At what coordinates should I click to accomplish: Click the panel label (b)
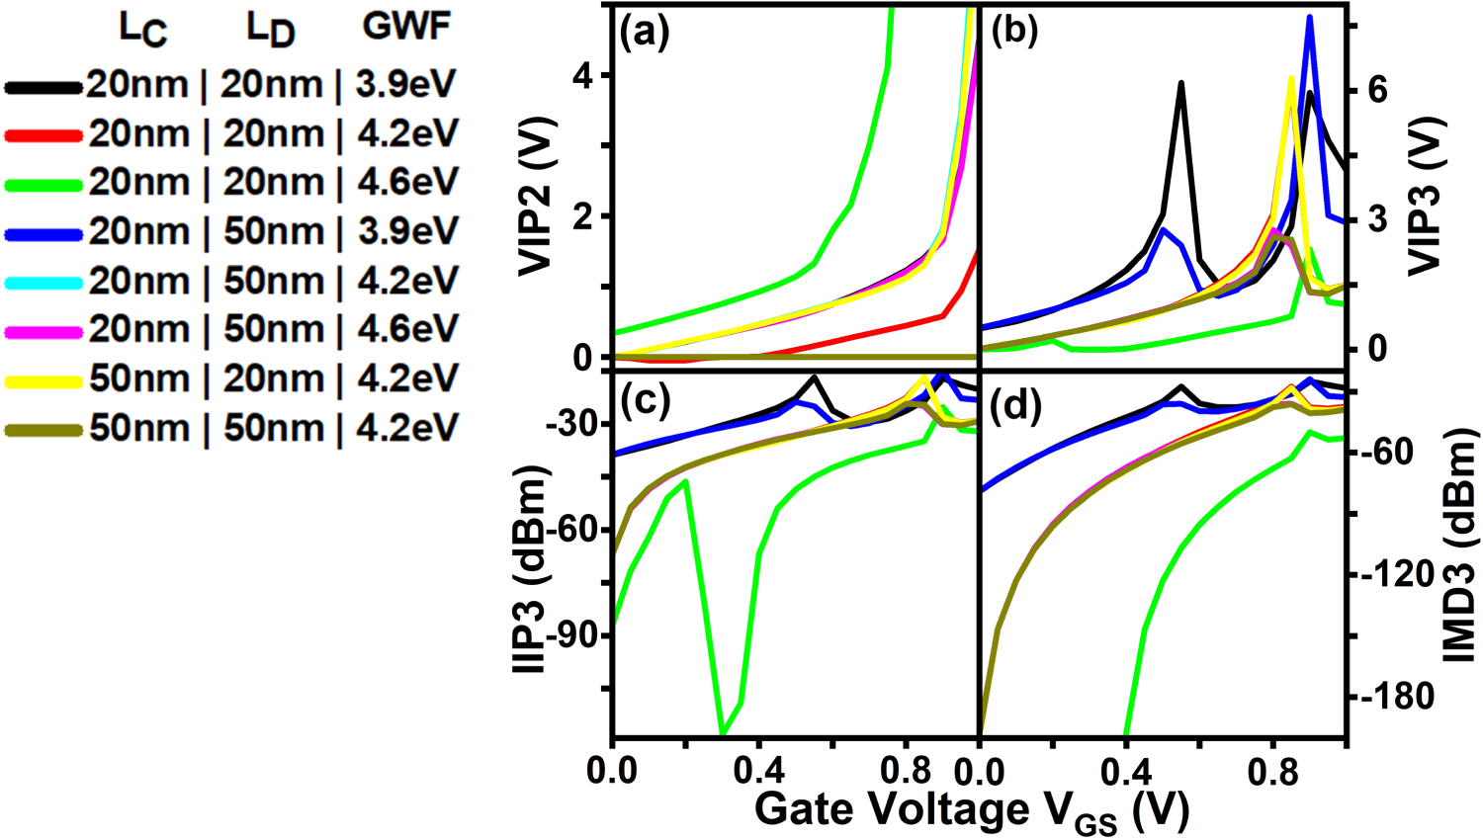(x=1015, y=33)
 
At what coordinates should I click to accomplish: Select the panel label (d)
(x=1015, y=405)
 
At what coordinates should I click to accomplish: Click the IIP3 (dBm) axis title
(x=531, y=568)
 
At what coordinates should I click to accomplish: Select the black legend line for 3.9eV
(x=44, y=87)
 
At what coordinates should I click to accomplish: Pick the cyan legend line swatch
(x=44, y=283)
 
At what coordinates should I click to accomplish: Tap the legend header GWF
(x=406, y=28)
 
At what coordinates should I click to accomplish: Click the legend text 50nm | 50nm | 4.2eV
(x=273, y=429)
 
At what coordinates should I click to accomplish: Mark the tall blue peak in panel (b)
(x=1310, y=18)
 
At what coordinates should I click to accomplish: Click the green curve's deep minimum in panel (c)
(x=723, y=732)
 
